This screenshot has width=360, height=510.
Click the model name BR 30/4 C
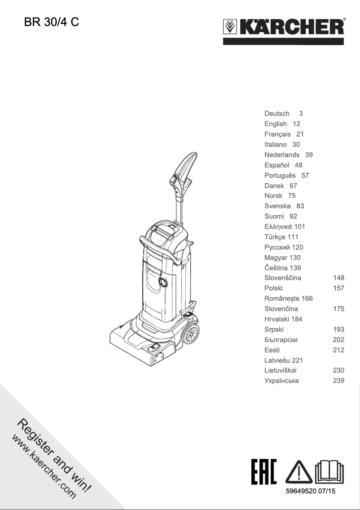(x=51, y=22)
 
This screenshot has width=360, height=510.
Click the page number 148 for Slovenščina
(x=338, y=278)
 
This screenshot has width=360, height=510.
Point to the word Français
(x=277, y=134)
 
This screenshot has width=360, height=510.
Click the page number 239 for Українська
(x=338, y=381)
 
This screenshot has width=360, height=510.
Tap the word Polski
(x=273, y=288)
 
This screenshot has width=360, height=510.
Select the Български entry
(x=281, y=340)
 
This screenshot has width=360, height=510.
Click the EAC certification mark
(x=264, y=472)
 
